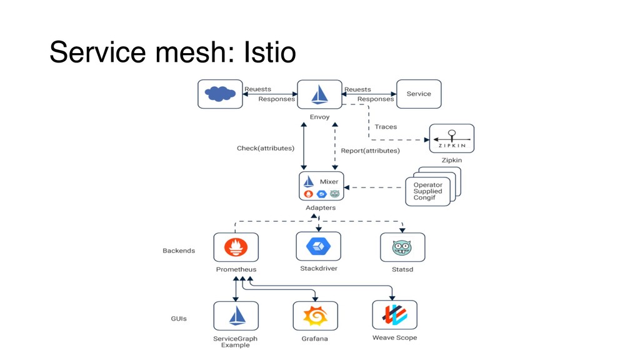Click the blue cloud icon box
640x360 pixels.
(x=220, y=94)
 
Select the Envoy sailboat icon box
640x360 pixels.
(x=319, y=94)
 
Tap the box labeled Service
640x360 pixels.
(x=419, y=94)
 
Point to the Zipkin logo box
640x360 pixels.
(x=452, y=138)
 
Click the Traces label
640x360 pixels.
(x=386, y=127)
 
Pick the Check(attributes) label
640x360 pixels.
(x=266, y=148)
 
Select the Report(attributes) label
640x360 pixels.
(x=370, y=151)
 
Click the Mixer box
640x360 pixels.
(x=321, y=186)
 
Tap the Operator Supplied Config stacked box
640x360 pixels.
(x=429, y=192)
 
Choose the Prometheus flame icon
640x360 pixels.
(x=236, y=247)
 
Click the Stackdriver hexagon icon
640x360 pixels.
(x=318, y=246)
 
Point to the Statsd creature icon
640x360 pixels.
(x=402, y=247)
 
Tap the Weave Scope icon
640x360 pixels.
(x=394, y=315)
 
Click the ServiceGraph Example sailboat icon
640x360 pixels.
(x=236, y=316)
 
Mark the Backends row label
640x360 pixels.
(x=179, y=251)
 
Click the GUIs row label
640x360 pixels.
(x=179, y=319)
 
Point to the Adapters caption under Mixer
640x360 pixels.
(x=320, y=207)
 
